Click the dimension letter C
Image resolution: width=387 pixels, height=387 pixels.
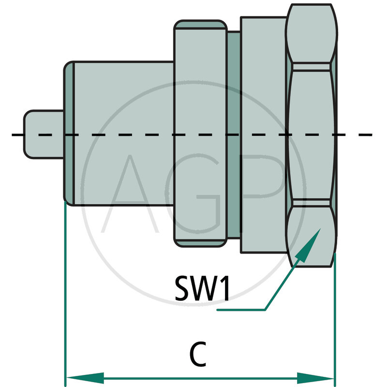199,355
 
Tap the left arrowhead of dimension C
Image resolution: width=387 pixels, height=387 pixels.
85,377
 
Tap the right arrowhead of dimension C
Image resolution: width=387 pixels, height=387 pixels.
315,377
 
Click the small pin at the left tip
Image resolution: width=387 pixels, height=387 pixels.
44,134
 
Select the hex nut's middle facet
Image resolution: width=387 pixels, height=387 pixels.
312,134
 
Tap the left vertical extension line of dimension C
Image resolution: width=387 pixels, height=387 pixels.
65,290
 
